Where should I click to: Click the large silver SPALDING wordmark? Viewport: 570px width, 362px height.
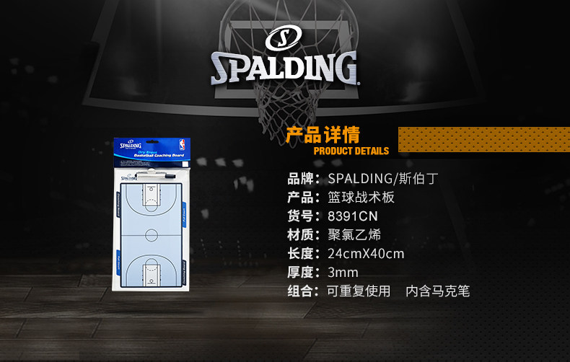click(x=284, y=69)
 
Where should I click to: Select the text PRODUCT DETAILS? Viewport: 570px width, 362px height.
click(x=351, y=151)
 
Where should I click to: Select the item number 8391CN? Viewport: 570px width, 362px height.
click(x=353, y=216)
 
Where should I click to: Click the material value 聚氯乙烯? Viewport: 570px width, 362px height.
click(x=354, y=235)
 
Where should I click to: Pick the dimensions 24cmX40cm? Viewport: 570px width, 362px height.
click(x=365, y=254)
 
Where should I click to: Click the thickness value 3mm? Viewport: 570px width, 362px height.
click(x=343, y=273)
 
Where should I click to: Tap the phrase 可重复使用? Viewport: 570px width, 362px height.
click(x=359, y=291)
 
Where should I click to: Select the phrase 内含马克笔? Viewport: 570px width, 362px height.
click(x=438, y=291)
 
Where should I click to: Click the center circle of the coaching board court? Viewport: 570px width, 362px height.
click(x=152, y=235)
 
